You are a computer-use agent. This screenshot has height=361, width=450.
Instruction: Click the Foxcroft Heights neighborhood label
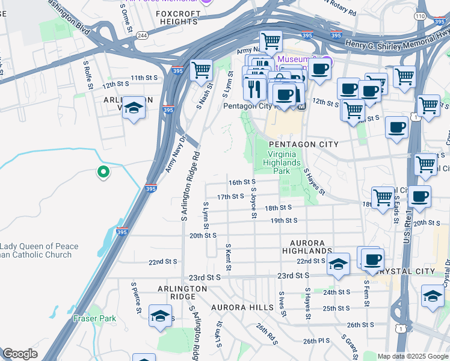pos(177,17)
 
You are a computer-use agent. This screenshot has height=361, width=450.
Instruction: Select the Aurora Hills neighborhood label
pos(242,307)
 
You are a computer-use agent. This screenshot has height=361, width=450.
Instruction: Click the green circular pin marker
pos(103,173)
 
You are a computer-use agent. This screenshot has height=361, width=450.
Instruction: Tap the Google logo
pos(20,354)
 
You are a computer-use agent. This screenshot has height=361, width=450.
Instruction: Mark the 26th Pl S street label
pos(317,341)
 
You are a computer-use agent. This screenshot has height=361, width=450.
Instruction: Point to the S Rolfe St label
pos(88,73)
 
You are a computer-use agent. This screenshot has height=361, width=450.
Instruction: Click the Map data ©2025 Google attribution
pos(413,356)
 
